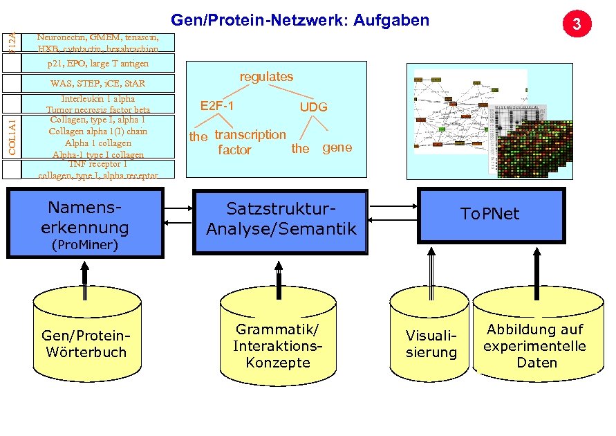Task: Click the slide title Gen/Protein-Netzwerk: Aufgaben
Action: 300,20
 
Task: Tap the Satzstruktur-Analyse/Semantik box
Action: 281,218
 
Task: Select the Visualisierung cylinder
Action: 431,344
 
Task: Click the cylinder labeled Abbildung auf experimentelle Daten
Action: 536,345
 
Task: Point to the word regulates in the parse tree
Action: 266,77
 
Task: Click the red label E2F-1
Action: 217,106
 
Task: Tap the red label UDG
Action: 313,107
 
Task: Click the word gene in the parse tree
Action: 337,147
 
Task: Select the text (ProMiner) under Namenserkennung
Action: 85,245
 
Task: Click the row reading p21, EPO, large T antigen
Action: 97,64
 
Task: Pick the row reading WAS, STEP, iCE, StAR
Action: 97,84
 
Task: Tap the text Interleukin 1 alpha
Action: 97,99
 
